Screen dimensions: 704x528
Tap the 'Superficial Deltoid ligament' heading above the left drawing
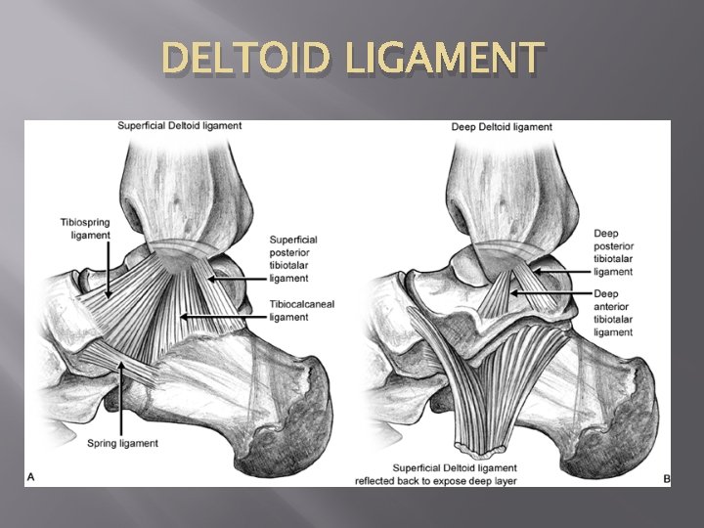tap(179, 126)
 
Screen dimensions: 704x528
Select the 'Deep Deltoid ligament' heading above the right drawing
tap(502, 127)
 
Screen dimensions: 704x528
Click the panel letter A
tap(31, 477)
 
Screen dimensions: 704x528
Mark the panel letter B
tap(666, 479)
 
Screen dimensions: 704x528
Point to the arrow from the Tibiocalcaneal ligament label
tap(225, 317)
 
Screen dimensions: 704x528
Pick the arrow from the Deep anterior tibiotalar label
tap(552, 293)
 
